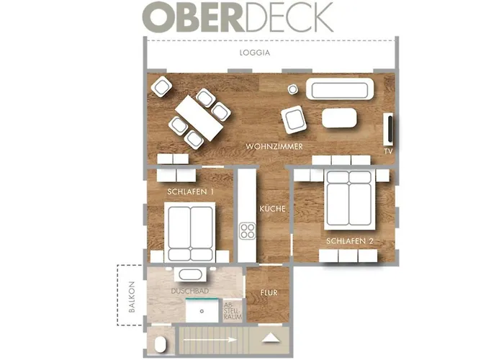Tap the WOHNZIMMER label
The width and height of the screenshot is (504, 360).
click(x=273, y=147)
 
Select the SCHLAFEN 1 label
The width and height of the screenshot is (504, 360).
click(x=190, y=192)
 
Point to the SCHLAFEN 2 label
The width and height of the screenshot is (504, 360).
click(x=349, y=240)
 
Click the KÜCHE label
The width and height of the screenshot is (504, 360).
click(x=274, y=209)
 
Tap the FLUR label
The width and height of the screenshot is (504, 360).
click(x=269, y=293)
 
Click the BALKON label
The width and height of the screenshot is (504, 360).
click(x=131, y=297)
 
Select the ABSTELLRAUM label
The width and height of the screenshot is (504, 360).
click(x=233, y=310)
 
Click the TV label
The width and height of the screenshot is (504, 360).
click(x=388, y=152)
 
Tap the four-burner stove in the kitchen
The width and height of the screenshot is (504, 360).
click(x=248, y=231)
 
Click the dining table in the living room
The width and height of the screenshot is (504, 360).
click(x=199, y=118)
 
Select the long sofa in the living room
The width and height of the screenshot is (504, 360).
click(x=340, y=89)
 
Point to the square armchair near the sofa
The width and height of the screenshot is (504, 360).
click(x=294, y=119)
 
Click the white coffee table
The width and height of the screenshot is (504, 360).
click(x=340, y=118)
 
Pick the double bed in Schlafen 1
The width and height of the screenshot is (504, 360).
click(x=190, y=233)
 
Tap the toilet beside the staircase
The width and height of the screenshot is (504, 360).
click(x=160, y=343)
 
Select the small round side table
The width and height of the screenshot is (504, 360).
click(x=293, y=89)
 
